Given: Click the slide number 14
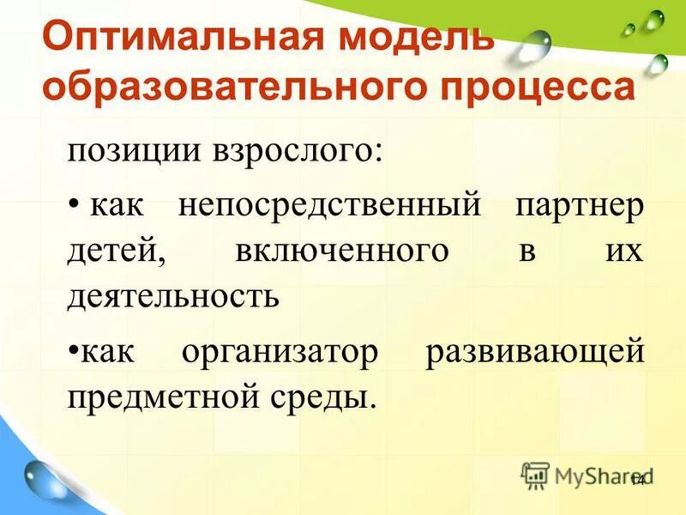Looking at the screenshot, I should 637,480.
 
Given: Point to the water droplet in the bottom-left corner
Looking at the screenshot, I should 38,476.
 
